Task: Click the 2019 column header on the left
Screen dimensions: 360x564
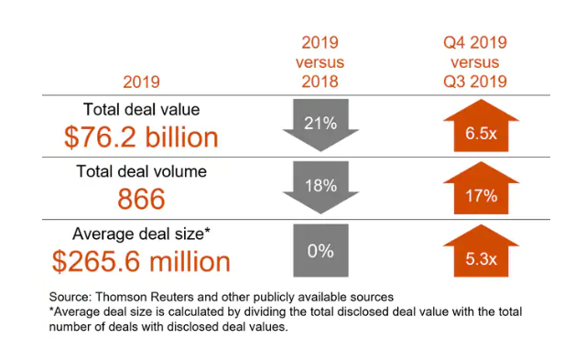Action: click(140, 79)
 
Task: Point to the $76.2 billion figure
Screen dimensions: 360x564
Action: click(141, 136)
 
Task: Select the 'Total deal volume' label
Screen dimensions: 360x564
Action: click(141, 170)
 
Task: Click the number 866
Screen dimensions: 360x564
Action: click(141, 198)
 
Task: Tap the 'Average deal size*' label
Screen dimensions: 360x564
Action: click(141, 234)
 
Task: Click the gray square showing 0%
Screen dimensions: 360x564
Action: click(320, 249)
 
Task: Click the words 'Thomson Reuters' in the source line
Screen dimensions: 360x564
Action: click(153, 296)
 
